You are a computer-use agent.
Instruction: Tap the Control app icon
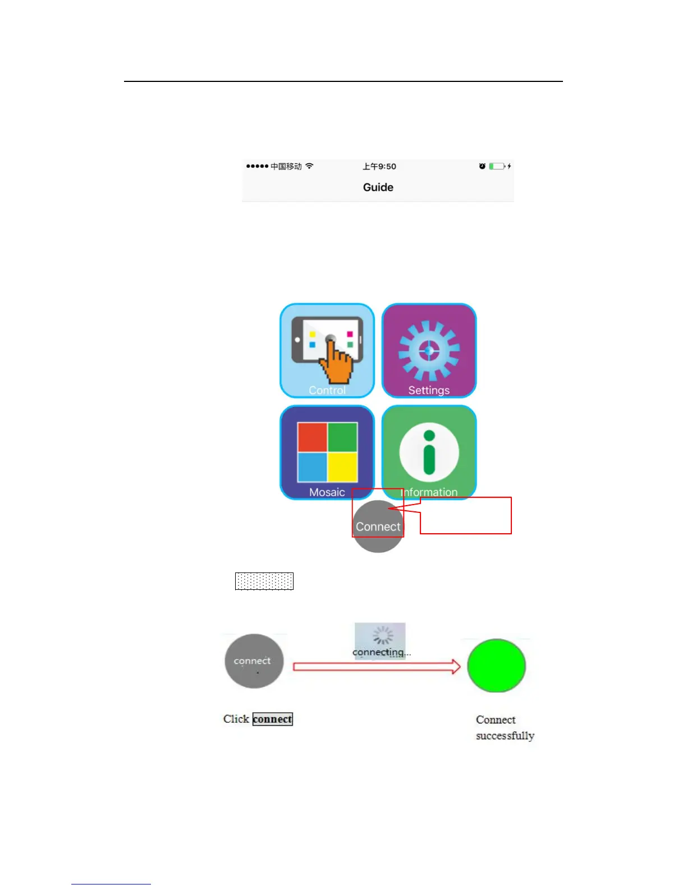[327, 350]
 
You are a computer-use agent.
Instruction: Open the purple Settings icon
[429, 350]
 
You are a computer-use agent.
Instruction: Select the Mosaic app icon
[327, 452]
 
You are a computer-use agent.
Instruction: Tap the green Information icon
[429, 452]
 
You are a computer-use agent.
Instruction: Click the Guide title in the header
[378, 187]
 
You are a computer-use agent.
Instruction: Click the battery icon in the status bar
[497, 166]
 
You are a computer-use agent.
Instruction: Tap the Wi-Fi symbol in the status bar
[309, 166]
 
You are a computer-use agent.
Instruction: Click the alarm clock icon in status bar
[482, 166]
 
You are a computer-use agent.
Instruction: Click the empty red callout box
[466, 516]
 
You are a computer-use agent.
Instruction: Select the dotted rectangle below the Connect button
[264, 581]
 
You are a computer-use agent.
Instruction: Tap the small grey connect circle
[254, 661]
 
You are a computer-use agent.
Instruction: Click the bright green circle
[496, 666]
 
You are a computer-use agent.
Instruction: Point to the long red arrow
[376, 666]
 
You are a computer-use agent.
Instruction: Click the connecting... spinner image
[380, 640]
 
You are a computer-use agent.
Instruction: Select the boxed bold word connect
[273, 719]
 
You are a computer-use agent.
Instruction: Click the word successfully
[505, 736]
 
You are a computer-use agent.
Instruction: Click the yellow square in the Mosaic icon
[342, 467]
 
